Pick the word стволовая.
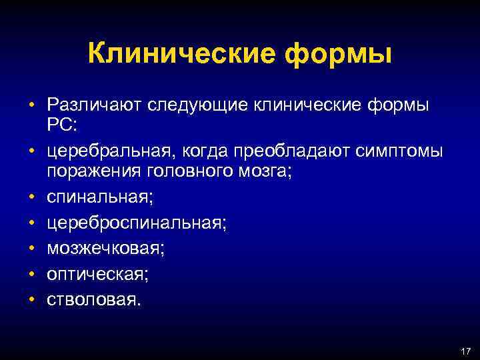pos(93,299)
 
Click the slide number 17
pos(465,350)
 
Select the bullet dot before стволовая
pos(31,299)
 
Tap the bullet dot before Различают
pos(31,105)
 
